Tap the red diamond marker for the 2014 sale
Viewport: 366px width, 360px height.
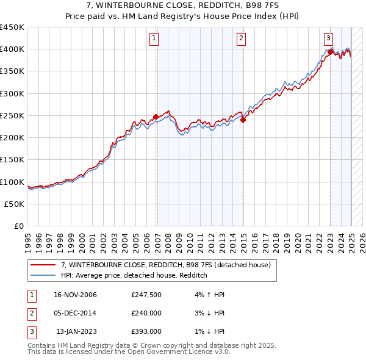pos(243,120)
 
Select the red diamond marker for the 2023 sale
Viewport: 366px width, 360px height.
pos(330,52)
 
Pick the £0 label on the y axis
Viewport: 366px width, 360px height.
pos(19,226)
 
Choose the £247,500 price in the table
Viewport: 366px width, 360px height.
pos(146,295)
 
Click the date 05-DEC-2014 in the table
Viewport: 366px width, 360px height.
pos(76,313)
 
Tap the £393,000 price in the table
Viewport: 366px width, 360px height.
pos(146,331)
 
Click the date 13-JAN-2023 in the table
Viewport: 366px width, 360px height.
pos(76,331)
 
